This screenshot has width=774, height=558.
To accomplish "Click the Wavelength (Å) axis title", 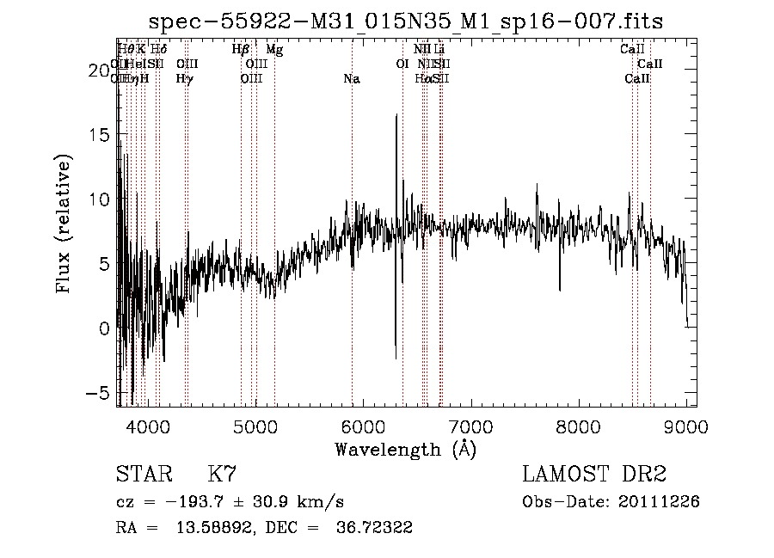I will [405, 449].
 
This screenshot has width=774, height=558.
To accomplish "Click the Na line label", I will [351, 79].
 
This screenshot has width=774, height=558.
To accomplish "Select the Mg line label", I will [274, 50].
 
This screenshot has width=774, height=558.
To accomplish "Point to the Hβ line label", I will [241, 50].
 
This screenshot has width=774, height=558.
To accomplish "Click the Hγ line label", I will [184, 79].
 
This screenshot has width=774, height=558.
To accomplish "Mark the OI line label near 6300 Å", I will [402, 64].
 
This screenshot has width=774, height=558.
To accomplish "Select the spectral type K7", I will [222, 475].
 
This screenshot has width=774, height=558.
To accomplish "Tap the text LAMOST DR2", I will [594, 475].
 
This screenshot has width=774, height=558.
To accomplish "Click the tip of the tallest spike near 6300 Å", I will [396, 115].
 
